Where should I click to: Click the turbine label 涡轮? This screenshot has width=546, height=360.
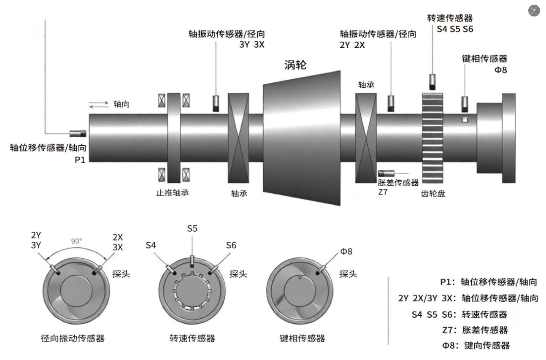pyautogui.click(x=295, y=65)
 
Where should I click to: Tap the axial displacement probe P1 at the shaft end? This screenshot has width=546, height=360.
pyautogui.click(x=78, y=133)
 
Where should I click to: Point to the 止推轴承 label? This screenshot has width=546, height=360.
pyautogui.click(x=173, y=193)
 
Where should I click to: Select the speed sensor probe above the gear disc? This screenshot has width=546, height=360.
pyautogui.click(x=432, y=82)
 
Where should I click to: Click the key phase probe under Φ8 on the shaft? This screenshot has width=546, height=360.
pyautogui.click(x=465, y=104)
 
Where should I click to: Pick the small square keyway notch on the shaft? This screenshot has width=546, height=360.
pyautogui.click(x=465, y=119)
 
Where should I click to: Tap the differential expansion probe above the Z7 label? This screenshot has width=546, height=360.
pyautogui.click(x=386, y=173)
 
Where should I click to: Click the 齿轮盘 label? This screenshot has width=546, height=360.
pyautogui.click(x=433, y=194)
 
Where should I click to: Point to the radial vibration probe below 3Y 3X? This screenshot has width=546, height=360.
pyautogui.click(x=216, y=103)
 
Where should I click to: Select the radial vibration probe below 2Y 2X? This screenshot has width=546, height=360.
pyautogui.click(x=391, y=103)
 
